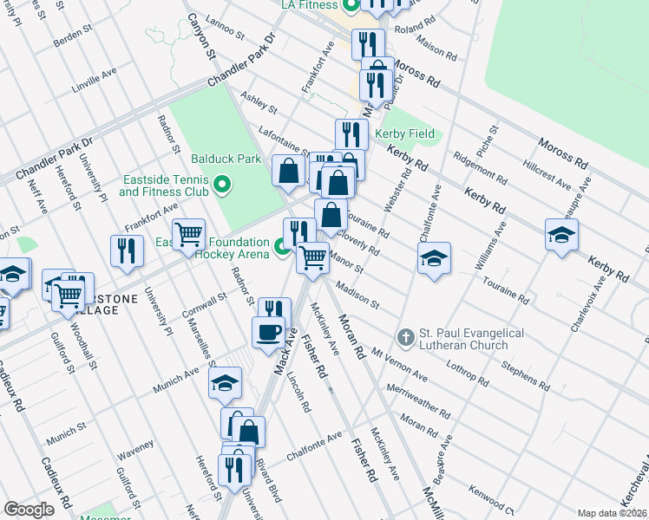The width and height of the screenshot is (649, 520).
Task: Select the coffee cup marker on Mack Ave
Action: click(x=268, y=331)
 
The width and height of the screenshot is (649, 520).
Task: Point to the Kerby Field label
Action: click(x=405, y=134)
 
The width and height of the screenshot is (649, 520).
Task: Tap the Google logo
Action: click(x=29, y=510)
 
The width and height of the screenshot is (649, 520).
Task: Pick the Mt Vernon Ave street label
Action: click(x=399, y=365)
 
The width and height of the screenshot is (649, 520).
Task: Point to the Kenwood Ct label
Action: click(x=493, y=500)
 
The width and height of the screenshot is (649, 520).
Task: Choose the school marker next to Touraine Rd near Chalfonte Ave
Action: click(x=434, y=257)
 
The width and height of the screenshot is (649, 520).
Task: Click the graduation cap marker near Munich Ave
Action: click(x=225, y=384)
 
